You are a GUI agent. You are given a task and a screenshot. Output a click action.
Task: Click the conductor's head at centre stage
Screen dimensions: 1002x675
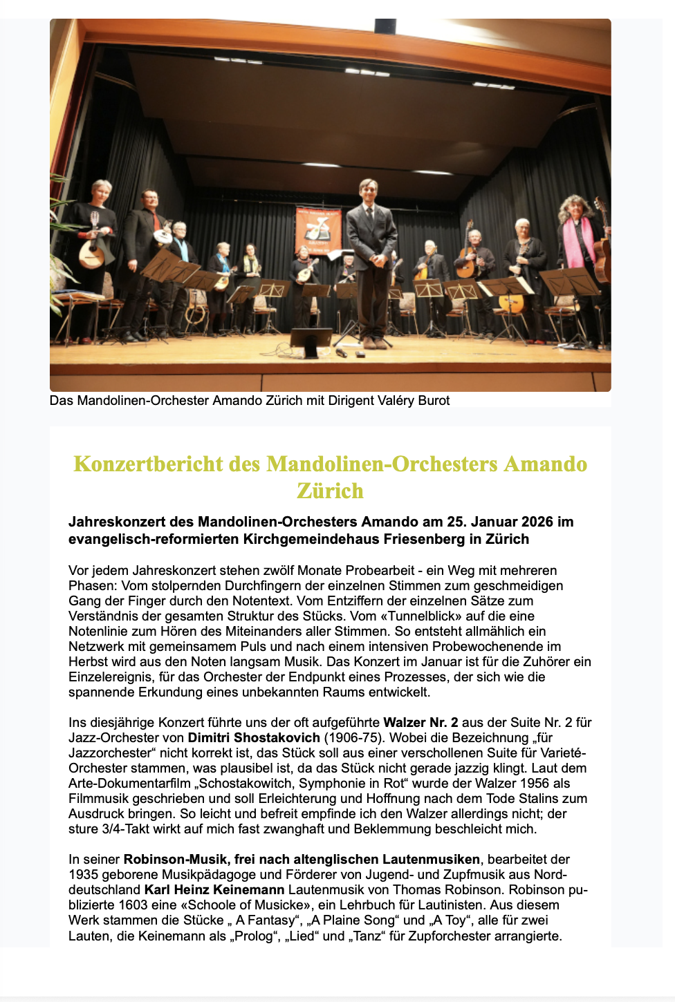(368, 190)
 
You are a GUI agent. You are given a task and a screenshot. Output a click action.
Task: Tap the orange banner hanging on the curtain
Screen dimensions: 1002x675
(318, 231)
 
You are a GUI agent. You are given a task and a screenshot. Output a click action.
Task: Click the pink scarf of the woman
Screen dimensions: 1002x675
(573, 242)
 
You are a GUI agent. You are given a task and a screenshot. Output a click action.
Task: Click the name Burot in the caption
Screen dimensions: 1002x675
(433, 401)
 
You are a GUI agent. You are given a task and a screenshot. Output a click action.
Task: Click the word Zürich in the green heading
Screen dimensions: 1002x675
(330, 491)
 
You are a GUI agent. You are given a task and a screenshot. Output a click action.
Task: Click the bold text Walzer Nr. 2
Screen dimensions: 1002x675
(420, 722)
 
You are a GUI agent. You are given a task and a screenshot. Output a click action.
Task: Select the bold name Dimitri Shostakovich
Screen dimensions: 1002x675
(254, 737)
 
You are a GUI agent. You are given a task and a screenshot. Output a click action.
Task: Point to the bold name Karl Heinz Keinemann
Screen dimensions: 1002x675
(214, 889)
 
